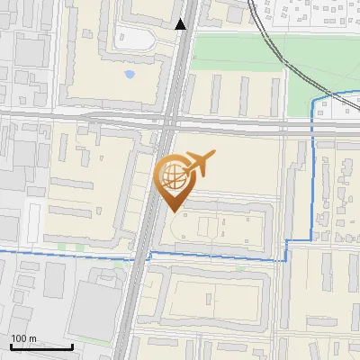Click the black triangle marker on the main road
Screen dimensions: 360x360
pyautogui.click(x=181, y=24)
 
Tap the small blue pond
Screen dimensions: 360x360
pyautogui.click(x=130, y=74)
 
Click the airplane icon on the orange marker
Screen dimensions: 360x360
pyautogui.click(x=199, y=163)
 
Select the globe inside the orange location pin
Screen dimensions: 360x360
pyautogui.click(x=172, y=175)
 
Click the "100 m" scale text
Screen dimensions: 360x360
pyautogui.click(x=24, y=337)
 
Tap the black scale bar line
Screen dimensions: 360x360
pyautogui.click(x=41, y=346)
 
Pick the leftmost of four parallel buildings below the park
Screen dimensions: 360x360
pyautogui.click(x=216, y=94)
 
